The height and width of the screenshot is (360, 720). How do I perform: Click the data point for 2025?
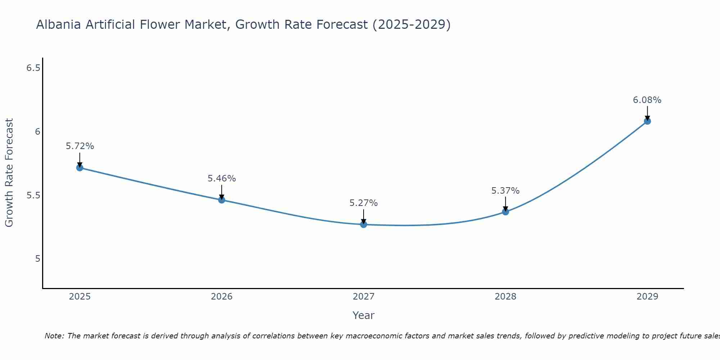(80, 168)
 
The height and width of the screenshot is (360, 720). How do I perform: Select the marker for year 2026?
(222, 200)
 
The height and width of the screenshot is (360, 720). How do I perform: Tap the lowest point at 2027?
(364, 225)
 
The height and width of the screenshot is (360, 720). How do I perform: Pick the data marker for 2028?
(505, 212)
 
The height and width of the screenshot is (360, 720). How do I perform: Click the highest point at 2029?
(647, 121)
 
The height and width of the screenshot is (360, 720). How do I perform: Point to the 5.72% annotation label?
(80, 146)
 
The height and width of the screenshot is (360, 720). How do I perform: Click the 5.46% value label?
(222, 179)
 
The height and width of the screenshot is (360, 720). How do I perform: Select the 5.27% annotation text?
(364, 203)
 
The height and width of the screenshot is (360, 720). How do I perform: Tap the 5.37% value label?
(505, 191)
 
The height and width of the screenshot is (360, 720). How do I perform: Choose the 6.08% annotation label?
(647, 100)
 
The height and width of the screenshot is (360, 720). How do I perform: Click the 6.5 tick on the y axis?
(33, 68)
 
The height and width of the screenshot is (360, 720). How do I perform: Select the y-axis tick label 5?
(38, 259)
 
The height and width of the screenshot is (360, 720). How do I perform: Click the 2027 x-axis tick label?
(364, 297)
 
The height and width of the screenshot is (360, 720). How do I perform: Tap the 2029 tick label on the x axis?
(647, 297)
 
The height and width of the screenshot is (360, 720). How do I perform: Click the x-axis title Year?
(364, 315)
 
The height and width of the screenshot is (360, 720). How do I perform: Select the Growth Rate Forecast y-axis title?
(9, 173)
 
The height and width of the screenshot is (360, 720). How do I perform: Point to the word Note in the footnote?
(54, 336)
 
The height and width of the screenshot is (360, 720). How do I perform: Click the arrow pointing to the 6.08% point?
(647, 113)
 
